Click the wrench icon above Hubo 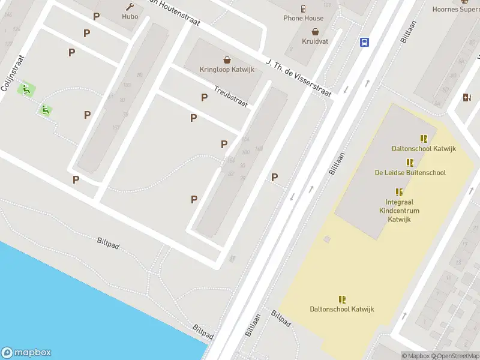pos(130,7)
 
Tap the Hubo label pos(130,17)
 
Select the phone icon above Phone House pos(304,8)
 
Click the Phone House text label pos(304,18)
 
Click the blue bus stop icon pos(364,42)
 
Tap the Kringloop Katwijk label pos(227,70)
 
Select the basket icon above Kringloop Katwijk pos(227,59)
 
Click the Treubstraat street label pos(231,96)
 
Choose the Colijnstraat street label pos(13,73)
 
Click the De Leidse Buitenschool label pos(410,173)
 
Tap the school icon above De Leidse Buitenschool pos(410,163)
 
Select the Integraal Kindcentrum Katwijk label pos(399,211)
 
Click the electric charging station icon pos(467,98)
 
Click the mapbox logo pos(26,353)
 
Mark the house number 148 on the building pos(259,149)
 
